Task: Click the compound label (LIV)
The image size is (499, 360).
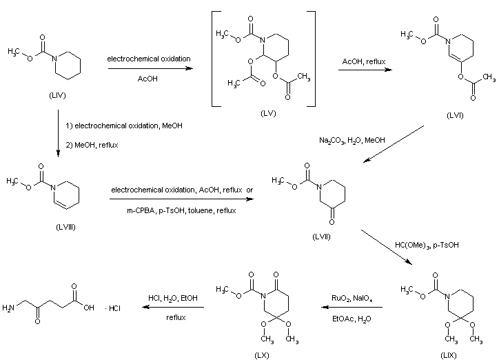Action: (x=58, y=95)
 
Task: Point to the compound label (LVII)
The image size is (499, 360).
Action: (x=320, y=237)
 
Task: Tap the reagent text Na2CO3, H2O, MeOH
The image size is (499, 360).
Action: (x=352, y=140)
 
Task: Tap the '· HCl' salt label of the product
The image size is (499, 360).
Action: (x=113, y=308)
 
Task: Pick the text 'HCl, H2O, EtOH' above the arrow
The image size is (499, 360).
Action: (x=172, y=297)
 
